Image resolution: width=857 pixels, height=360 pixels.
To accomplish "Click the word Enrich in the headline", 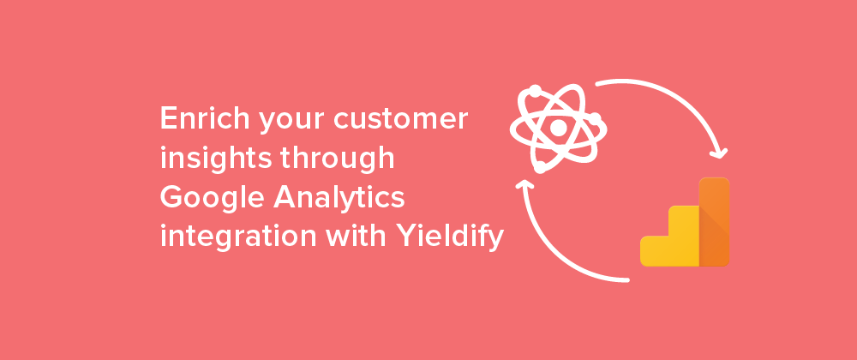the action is click(x=205, y=118).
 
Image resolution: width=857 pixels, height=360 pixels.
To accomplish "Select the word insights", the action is click(x=216, y=159).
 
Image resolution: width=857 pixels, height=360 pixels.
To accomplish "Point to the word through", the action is click(x=337, y=159).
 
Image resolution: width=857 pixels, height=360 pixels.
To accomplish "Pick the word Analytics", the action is click(x=339, y=197).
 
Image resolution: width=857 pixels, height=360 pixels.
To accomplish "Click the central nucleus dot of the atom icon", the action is click(x=558, y=128).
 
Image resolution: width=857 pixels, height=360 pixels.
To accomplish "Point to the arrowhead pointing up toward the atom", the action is click(x=524, y=184).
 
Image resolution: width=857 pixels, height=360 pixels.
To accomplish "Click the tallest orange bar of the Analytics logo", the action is click(x=715, y=222).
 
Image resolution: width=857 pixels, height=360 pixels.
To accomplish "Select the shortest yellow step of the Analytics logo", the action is click(x=655, y=251).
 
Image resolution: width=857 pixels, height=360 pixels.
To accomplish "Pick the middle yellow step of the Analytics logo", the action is click(x=684, y=236).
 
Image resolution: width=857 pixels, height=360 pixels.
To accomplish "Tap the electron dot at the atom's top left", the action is click(x=535, y=91).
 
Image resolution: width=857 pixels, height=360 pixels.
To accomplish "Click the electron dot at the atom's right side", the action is click(x=595, y=118).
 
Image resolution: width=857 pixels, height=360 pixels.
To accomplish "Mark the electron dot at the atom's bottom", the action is click(x=540, y=167).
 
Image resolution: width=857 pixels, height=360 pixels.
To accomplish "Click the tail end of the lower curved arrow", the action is click(x=627, y=280).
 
